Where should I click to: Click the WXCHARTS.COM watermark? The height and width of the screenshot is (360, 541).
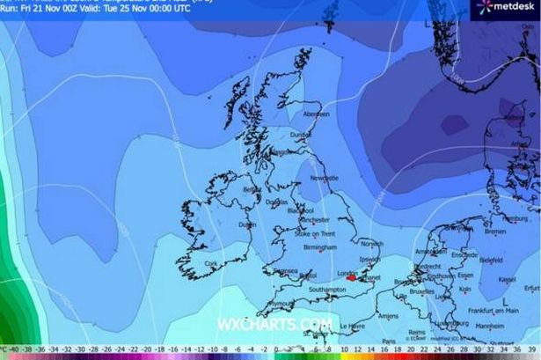click(262, 324)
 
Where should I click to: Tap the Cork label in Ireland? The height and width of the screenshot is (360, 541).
click(209, 263)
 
